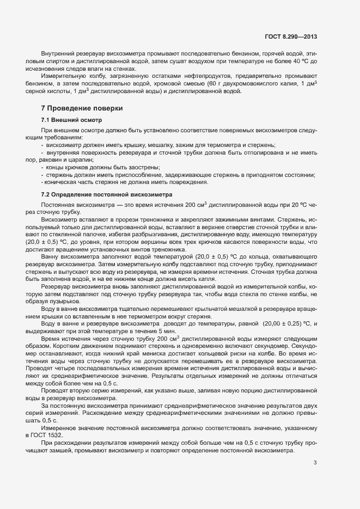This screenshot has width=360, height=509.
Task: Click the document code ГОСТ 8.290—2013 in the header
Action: (x=290, y=37)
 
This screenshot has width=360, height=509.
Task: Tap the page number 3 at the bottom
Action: (x=315, y=463)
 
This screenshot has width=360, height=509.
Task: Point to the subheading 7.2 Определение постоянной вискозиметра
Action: (x=107, y=194)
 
